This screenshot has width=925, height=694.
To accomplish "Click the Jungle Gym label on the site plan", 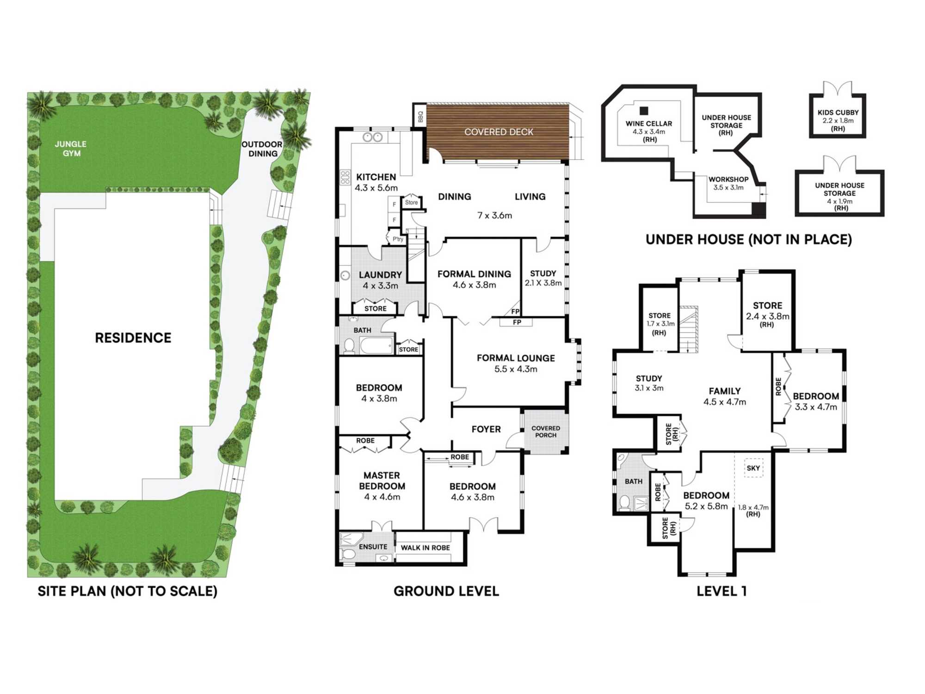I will (x=71, y=149).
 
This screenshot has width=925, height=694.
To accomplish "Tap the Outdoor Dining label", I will (x=262, y=149).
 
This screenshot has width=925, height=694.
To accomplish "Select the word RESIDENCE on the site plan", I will (x=133, y=338).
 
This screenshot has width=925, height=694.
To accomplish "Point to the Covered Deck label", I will (x=499, y=132).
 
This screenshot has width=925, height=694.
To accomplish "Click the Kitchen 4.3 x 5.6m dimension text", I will (x=376, y=188).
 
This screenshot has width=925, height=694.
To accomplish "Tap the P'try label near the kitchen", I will (x=397, y=239).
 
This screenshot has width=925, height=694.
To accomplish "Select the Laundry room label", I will (x=380, y=275).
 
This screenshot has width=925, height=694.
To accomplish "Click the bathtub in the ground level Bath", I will (x=376, y=345).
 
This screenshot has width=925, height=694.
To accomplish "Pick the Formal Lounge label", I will (x=516, y=358).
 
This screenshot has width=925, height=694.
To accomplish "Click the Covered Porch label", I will (x=546, y=432).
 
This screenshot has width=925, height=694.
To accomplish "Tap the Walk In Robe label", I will (x=425, y=548).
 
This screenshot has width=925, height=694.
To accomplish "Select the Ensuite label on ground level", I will (x=373, y=547).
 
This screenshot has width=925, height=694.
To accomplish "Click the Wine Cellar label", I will (x=649, y=124).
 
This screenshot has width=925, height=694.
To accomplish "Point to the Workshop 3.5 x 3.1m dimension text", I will (x=728, y=187).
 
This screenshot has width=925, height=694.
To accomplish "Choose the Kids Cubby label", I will (x=838, y=112).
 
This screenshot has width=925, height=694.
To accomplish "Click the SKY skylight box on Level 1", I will (x=753, y=468).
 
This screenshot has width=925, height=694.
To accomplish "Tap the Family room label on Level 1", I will (x=725, y=391).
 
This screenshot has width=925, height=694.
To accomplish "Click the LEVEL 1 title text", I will (x=721, y=591).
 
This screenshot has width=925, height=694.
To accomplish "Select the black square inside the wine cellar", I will (x=644, y=111).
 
